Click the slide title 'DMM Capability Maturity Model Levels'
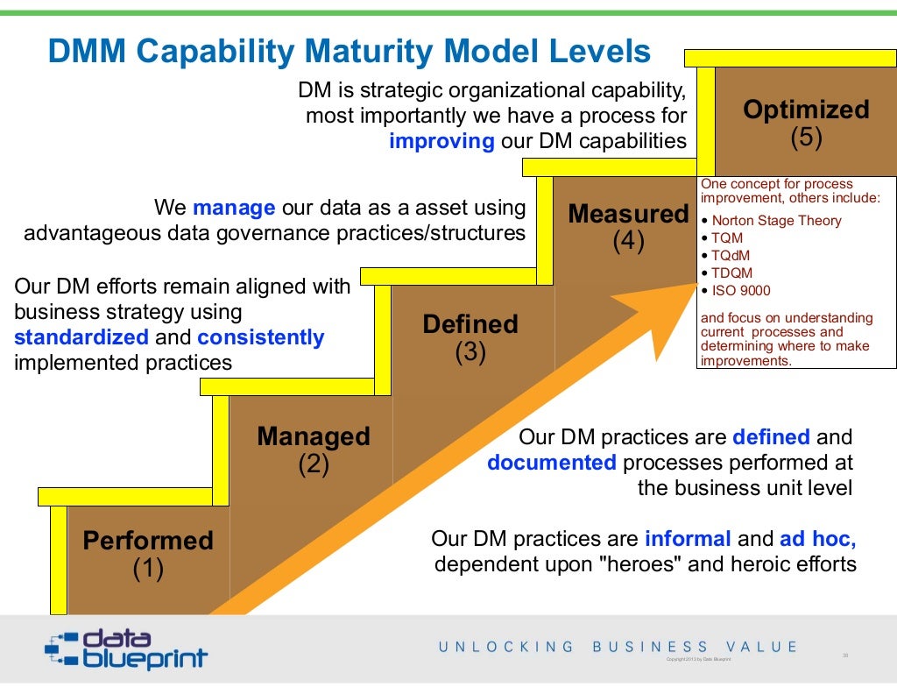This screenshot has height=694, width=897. click(349, 52)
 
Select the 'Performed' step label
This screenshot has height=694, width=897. click(148, 541)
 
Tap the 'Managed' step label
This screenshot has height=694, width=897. click(313, 436)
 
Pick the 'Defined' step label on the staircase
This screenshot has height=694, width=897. click(470, 324)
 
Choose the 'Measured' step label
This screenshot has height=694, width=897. click(628, 214)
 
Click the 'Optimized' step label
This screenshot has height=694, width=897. click(806, 110)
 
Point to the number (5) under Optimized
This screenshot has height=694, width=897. click(806, 138)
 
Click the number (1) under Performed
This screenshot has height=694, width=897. click(148, 570)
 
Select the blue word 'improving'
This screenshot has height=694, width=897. click(441, 142)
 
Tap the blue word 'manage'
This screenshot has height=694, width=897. click(234, 209)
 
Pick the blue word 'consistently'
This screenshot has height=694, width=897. click(260, 337)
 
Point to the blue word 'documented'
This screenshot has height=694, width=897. click(552, 463)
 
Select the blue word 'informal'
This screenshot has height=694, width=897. click(688, 539)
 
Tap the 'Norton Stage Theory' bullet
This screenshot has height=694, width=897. click(776, 221)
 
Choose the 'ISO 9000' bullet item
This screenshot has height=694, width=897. click(741, 291)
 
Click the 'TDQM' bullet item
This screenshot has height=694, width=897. click(731, 273)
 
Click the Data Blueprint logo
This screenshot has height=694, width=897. click(126, 649)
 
